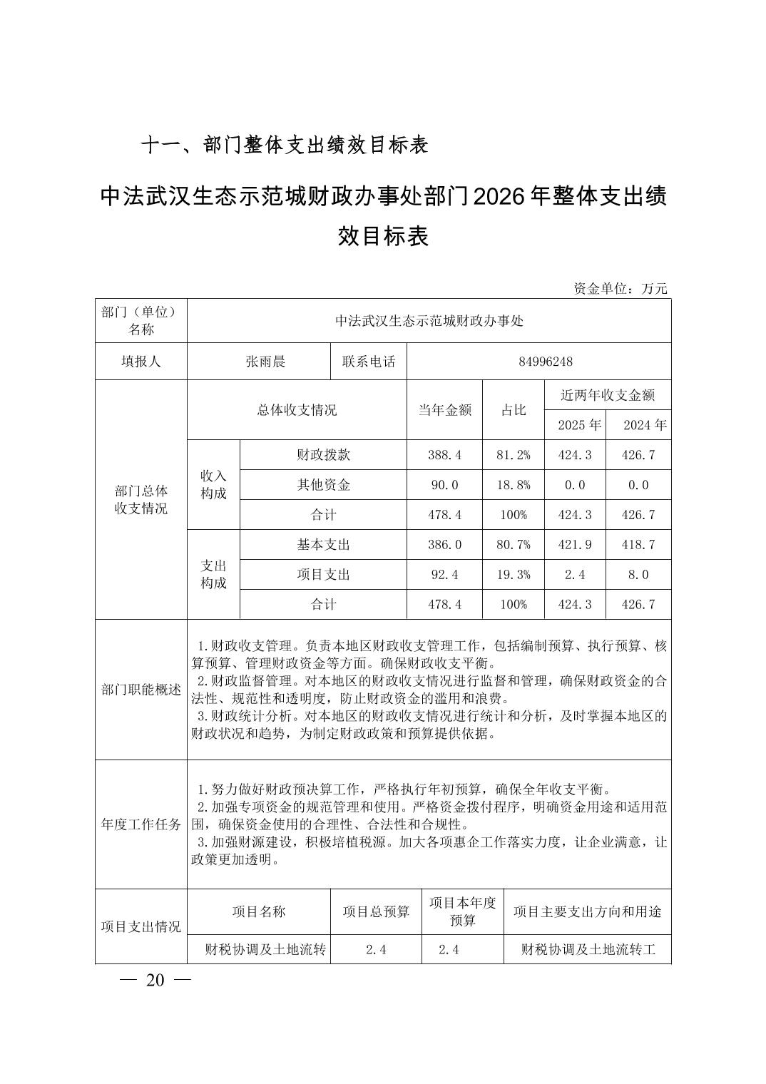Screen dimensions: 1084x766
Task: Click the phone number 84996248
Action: (x=546, y=362)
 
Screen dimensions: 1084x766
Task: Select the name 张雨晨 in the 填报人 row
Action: (x=265, y=362)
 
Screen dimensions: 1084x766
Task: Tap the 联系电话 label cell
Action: (x=369, y=362)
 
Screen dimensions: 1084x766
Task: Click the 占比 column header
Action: (x=514, y=409)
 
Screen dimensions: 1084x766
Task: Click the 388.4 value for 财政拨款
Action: (x=444, y=455)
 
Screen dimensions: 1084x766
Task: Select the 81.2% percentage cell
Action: (x=514, y=455)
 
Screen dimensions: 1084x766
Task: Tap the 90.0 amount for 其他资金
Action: (x=444, y=485)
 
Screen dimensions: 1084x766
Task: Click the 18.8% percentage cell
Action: (x=514, y=485)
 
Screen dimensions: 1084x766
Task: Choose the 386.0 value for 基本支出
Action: (x=444, y=545)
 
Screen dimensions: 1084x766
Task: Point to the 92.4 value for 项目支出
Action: (x=444, y=575)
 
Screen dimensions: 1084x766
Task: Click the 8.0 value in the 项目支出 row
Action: (x=638, y=575)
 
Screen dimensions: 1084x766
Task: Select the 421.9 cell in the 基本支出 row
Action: (x=575, y=545)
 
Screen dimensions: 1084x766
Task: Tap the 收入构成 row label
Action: (x=213, y=484)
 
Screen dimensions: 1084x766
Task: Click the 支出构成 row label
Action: (x=213, y=574)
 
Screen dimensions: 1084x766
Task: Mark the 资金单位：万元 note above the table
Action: (x=621, y=289)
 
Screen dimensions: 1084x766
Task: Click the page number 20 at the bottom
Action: (x=155, y=981)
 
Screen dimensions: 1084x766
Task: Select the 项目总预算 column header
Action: (x=376, y=911)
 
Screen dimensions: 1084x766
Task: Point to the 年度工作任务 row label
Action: (x=141, y=824)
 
